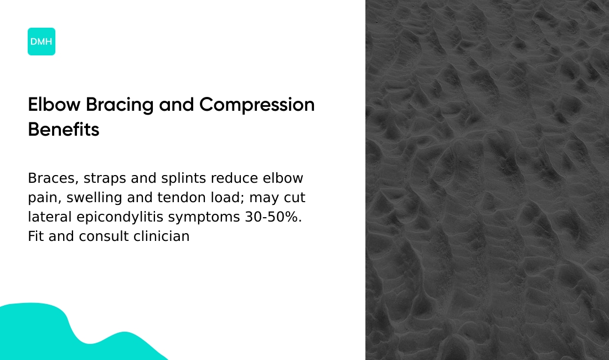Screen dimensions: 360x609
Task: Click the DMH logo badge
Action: (42, 42)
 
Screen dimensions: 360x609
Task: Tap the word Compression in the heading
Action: (257, 105)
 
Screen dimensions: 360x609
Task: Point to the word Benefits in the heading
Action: (64, 130)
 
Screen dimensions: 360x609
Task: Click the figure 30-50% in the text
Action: (273, 217)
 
